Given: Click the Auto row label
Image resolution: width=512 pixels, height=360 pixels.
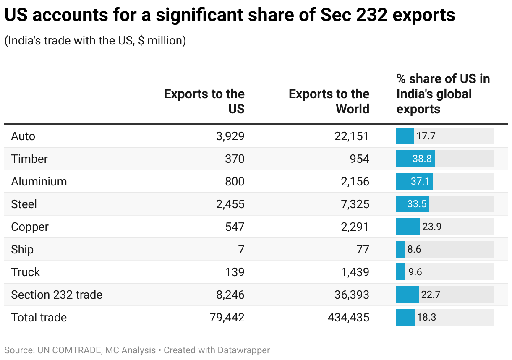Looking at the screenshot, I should pos(23,136).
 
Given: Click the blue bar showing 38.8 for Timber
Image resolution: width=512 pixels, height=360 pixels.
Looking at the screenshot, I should pos(415,159).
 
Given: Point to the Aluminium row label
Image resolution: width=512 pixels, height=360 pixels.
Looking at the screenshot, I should pos(39,182).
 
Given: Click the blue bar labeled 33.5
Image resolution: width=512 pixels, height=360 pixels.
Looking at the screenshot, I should pos(412,204).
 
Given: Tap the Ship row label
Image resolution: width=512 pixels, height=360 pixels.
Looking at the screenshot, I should pos(22,250).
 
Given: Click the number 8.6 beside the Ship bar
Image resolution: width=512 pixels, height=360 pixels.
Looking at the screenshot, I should pos(414,250).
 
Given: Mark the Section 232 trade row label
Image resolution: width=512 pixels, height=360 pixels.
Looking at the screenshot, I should pos(57,295).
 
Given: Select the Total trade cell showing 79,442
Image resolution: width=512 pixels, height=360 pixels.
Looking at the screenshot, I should pos(227,318).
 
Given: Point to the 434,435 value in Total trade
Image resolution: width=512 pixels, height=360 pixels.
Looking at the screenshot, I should pos(348,318).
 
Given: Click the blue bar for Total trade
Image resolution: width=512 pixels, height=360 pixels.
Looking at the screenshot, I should pos(405,318).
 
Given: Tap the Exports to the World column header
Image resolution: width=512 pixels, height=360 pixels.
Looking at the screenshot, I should pos(329,102).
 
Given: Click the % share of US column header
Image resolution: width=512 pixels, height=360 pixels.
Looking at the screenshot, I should pos(443,94).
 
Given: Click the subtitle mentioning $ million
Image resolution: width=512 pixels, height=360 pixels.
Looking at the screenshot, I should pos(95,41).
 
